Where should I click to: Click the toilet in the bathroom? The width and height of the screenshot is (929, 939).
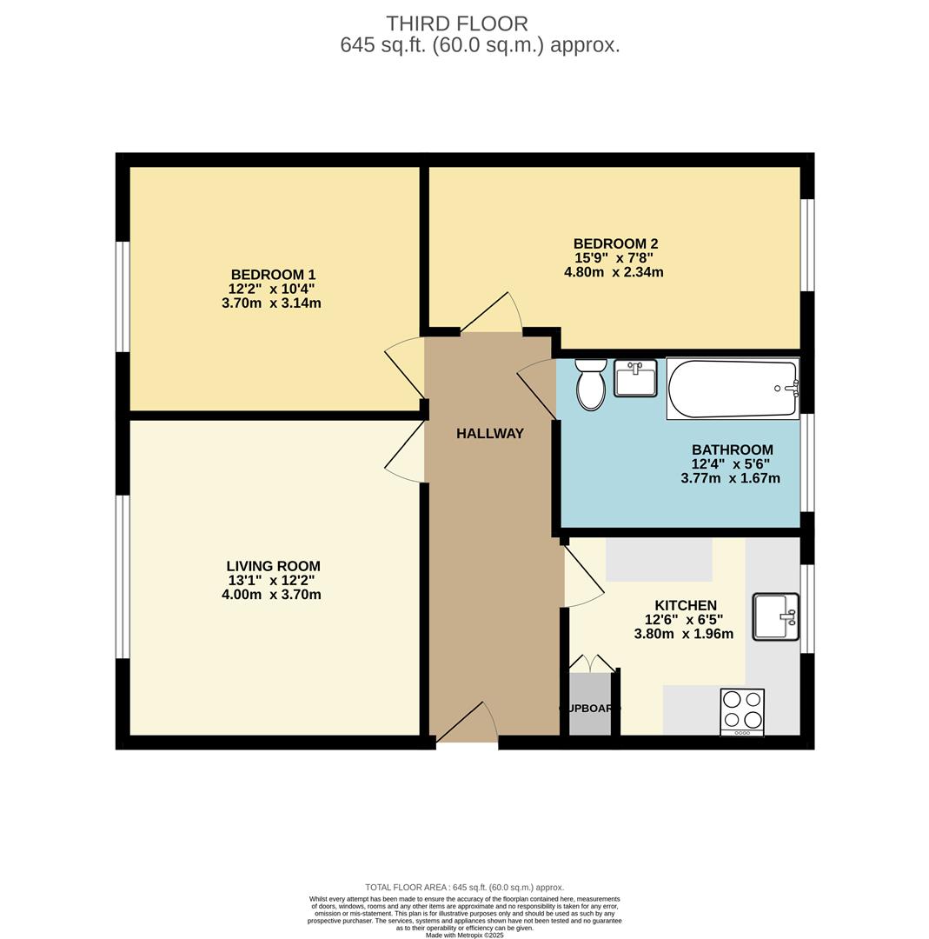coord(591,385)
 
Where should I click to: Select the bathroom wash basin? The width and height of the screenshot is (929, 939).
coord(635,378)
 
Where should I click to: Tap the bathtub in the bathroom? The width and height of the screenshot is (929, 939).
coord(732,389)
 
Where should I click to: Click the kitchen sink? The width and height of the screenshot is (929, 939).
coord(775,616)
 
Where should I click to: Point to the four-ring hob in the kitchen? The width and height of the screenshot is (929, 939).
coord(742,710)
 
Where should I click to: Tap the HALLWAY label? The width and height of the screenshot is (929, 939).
coord(490,433)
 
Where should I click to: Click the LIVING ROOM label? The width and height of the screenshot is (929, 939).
coord(273,566)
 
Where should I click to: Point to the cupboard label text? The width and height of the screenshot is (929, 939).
coord(590,709)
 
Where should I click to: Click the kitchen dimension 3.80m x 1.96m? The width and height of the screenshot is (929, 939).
coord(683,634)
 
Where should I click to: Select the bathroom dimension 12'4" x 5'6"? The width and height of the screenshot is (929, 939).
coord(730,464)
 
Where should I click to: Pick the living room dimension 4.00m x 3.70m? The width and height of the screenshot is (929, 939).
coord(271,595)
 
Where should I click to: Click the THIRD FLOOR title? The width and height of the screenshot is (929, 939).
coord(457,23)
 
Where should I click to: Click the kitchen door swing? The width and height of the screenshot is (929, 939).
coord(583,576)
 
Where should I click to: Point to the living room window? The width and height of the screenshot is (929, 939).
coord(123,576)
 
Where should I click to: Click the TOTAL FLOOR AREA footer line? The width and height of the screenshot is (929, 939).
coord(464,888)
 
